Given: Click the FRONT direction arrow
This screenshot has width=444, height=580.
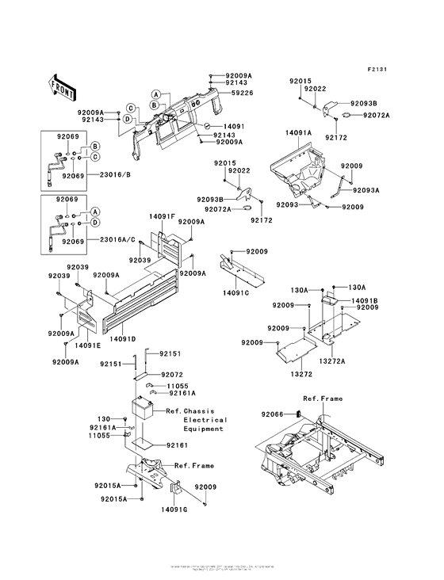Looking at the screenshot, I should pyautogui.click(x=63, y=85).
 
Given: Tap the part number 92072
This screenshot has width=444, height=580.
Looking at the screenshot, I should pyautogui.click(x=172, y=373).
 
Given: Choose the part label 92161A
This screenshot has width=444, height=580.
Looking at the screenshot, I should pyautogui.click(x=182, y=392).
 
